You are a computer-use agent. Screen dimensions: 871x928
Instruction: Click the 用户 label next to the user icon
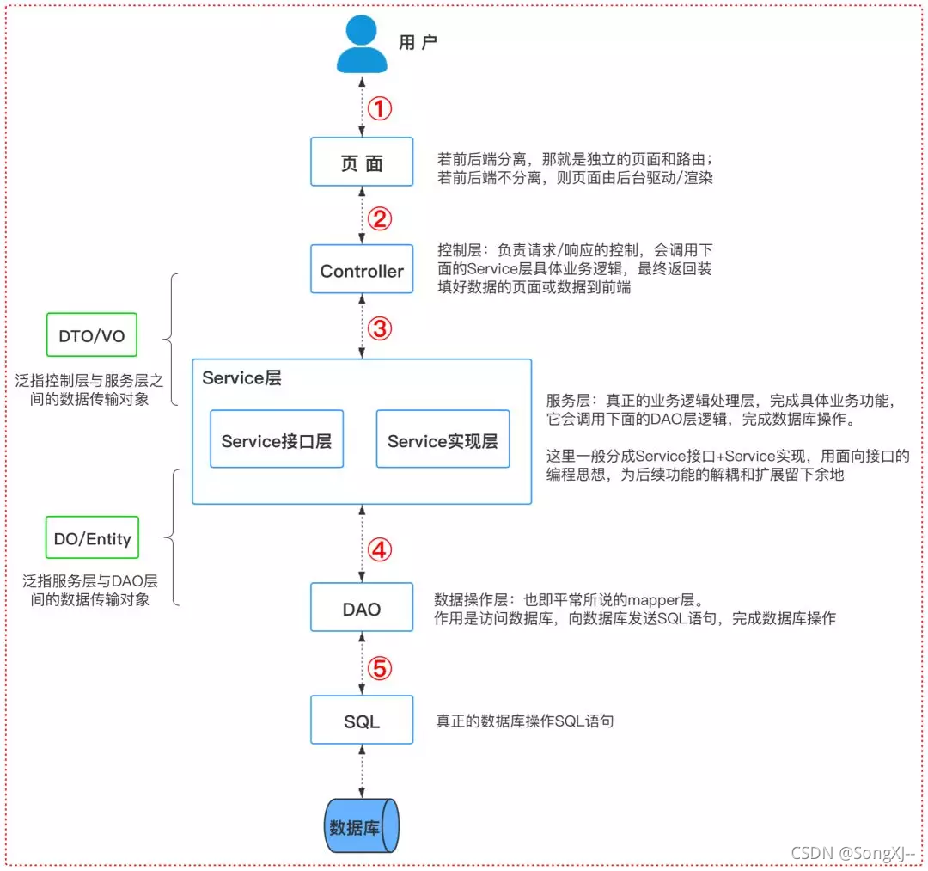[x=418, y=43]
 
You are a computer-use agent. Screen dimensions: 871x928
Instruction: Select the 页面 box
[x=362, y=162]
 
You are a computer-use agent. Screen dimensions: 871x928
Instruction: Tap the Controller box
[x=362, y=271]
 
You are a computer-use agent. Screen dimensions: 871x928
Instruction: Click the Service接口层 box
[x=276, y=441]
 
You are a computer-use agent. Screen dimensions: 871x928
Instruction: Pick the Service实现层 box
[x=443, y=441]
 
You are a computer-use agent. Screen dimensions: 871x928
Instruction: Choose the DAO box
[x=362, y=609]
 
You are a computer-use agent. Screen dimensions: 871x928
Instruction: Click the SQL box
[x=362, y=721]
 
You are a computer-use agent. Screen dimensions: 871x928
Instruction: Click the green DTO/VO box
[x=91, y=336]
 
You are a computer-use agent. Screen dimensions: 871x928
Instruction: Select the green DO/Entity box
[x=92, y=539]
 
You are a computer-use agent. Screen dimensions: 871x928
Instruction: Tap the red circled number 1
[x=380, y=109]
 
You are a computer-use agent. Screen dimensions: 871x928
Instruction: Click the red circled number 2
[x=380, y=218]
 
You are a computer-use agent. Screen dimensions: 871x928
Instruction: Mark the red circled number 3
[x=380, y=328]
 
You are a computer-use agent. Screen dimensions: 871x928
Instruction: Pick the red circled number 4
[x=380, y=550]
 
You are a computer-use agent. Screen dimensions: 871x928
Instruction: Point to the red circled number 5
[x=380, y=668]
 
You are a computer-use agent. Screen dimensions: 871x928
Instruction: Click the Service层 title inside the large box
[x=241, y=378]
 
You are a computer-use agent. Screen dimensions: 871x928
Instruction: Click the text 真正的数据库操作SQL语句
[x=524, y=721]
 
